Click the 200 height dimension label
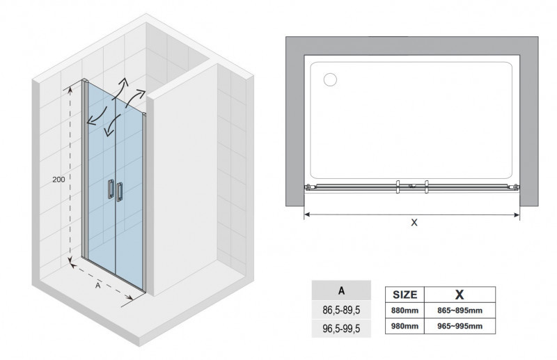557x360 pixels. tap(58, 180)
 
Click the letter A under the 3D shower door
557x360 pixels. tap(98, 285)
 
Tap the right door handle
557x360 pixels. tap(119, 192)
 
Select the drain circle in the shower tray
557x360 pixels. tap(330, 79)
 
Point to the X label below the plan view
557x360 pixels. tap(414, 222)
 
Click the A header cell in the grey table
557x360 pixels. tap(341, 290)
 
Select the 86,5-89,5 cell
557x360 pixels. tap(341, 310)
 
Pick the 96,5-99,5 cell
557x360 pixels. tap(341, 329)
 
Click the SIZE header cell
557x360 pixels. tap(405, 295)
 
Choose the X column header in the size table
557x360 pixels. tap(460, 295)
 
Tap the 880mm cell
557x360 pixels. tap(405, 311)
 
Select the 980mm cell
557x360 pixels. tap(405, 326)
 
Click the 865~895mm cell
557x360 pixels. tap(460, 311)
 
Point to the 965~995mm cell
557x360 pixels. tap(460, 326)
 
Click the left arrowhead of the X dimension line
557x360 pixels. tap(308, 214)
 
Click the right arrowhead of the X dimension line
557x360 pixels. tap(516, 214)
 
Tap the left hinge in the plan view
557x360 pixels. tap(308, 187)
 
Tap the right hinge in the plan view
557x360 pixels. tap(515, 187)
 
